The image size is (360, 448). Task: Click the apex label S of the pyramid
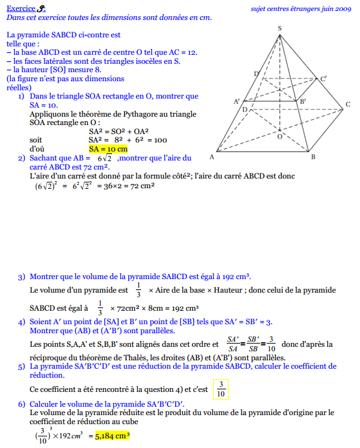tap(279, 28)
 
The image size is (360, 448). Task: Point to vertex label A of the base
tap(212, 157)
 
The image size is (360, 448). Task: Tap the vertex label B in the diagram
tap(313, 157)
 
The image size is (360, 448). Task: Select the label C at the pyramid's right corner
tap(347, 104)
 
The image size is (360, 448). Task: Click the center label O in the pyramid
tap(279, 137)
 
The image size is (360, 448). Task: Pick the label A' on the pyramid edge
tap(237, 102)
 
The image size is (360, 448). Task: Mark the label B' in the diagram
tap(303, 102)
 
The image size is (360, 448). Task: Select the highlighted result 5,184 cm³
tap(119, 435)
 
